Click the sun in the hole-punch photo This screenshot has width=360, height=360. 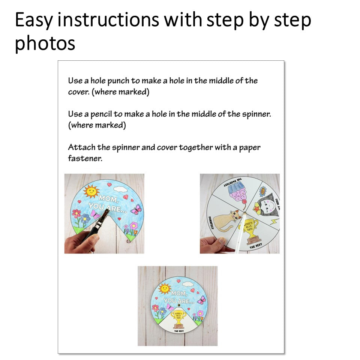(x=91, y=191)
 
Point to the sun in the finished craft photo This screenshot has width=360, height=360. (x=164, y=289)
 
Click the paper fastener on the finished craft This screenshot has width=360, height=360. (x=178, y=306)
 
